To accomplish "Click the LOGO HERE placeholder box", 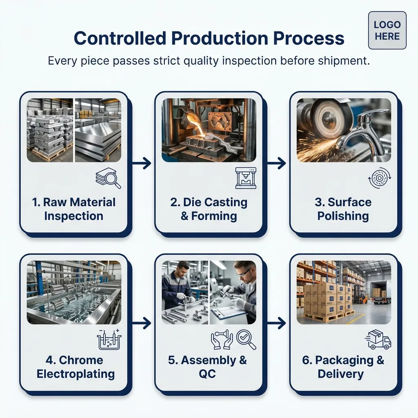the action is (x=387, y=30).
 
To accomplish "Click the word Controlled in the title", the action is (x=120, y=38).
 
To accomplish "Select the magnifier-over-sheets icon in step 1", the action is (x=108, y=178).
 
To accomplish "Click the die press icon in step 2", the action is (x=246, y=178).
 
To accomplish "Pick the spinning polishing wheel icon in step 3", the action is (x=380, y=178).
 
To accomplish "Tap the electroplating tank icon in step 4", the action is (x=109, y=339).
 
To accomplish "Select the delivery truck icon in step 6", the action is (x=378, y=339).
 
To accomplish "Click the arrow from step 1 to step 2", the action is (x=142, y=163).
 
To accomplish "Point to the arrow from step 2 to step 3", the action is (x=276, y=163).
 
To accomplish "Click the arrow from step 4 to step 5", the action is (x=142, y=323).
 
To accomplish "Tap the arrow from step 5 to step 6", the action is (x=276, y=323).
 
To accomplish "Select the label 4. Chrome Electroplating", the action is (x=76, y=367).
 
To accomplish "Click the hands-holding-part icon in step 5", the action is (x=222, y=340).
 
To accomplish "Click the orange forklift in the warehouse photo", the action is (x=362, y=296).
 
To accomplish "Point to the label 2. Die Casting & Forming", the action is (x=209, y=209).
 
